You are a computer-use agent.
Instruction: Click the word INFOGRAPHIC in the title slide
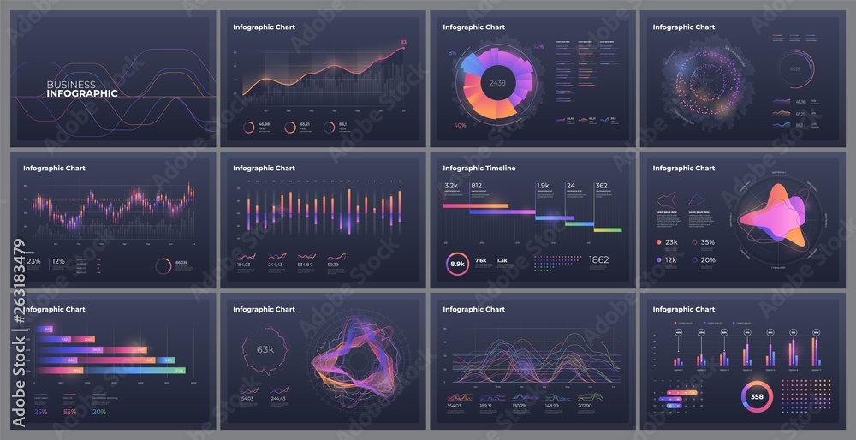(82, 93)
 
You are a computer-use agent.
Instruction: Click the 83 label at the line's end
(403, 42)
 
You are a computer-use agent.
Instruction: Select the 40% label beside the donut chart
(460, 125)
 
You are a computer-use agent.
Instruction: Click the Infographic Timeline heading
(479, 169)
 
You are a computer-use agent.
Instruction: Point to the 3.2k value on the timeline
(451, 185)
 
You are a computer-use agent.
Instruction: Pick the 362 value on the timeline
(602, 185)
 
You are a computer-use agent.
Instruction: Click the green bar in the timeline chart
(607, 229)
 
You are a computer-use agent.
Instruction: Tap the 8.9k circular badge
(457, 265)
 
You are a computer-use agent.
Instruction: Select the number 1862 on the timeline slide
(599, 260)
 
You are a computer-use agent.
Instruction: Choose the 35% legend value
(708, 242)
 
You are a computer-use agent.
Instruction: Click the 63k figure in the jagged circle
(265, 349)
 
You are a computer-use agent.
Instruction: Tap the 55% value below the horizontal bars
(70, 412)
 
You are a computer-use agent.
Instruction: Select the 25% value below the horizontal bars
(40, 412)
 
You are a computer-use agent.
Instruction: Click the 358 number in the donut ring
(757, 397)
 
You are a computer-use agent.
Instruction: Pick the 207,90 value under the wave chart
(586, 406)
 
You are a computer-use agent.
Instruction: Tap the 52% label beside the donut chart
(538, 46)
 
